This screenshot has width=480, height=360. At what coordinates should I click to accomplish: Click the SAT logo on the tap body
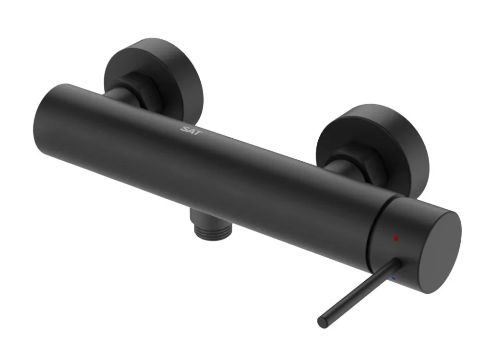click(x=192, y=131)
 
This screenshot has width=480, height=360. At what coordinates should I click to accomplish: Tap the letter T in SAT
click(x=198, y=133)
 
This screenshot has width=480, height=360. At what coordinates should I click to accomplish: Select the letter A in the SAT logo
click(x=192, y=131)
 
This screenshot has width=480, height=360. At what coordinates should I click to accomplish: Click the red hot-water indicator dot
click(x=396, y=238)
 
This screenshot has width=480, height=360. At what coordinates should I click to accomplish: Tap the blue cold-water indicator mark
click(x=394, y=278)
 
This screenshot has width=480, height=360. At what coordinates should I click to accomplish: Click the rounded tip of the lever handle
click(x=323, y=323)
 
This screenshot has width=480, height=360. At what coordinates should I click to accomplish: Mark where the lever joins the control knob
click(x=397, y=263)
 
